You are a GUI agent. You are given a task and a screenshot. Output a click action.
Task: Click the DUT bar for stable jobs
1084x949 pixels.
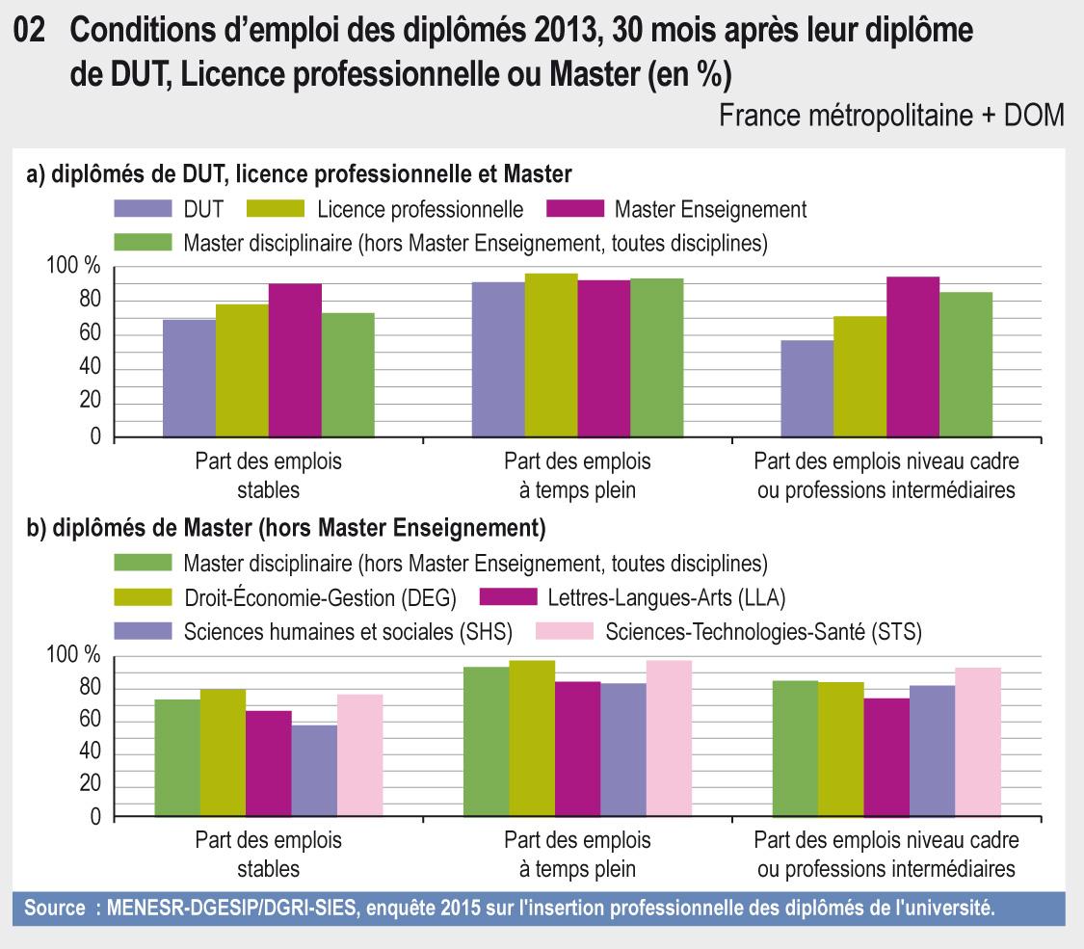click(x=189, y=378)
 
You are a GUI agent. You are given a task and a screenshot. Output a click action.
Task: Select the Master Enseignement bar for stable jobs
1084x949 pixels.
click(x=295, y=360)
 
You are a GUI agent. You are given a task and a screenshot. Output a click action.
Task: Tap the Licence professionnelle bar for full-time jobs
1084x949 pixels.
click(x=551, y=356)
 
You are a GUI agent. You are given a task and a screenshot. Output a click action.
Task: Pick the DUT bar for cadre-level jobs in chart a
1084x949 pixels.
click(x=806, y=388)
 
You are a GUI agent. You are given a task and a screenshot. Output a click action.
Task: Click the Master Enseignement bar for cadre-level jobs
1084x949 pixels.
click(x=912, y=357)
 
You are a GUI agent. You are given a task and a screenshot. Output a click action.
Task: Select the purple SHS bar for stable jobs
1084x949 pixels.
click(x=314, y=771)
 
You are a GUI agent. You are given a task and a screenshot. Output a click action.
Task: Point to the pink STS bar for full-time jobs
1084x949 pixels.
click(x=669, y=739)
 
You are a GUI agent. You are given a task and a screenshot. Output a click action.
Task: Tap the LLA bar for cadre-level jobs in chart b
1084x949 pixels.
click(x=886, y=757)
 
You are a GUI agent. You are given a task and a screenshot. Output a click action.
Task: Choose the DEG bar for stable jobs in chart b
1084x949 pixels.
click(x=223, y=753)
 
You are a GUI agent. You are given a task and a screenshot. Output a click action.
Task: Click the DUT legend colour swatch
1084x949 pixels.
click(x=143, y=209)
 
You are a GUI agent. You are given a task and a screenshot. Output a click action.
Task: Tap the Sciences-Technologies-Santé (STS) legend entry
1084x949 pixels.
click(x=764, y=632)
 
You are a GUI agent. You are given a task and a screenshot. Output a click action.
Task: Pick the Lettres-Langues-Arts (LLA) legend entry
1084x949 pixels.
click(x=666, y=598)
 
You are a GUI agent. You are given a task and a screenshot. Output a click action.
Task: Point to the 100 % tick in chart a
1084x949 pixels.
click(x=73, y=267)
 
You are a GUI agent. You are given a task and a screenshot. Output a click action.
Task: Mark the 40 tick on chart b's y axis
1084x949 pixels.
click(x=88, y=752)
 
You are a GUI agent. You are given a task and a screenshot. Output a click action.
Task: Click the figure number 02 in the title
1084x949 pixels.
click(x=36, y=32)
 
